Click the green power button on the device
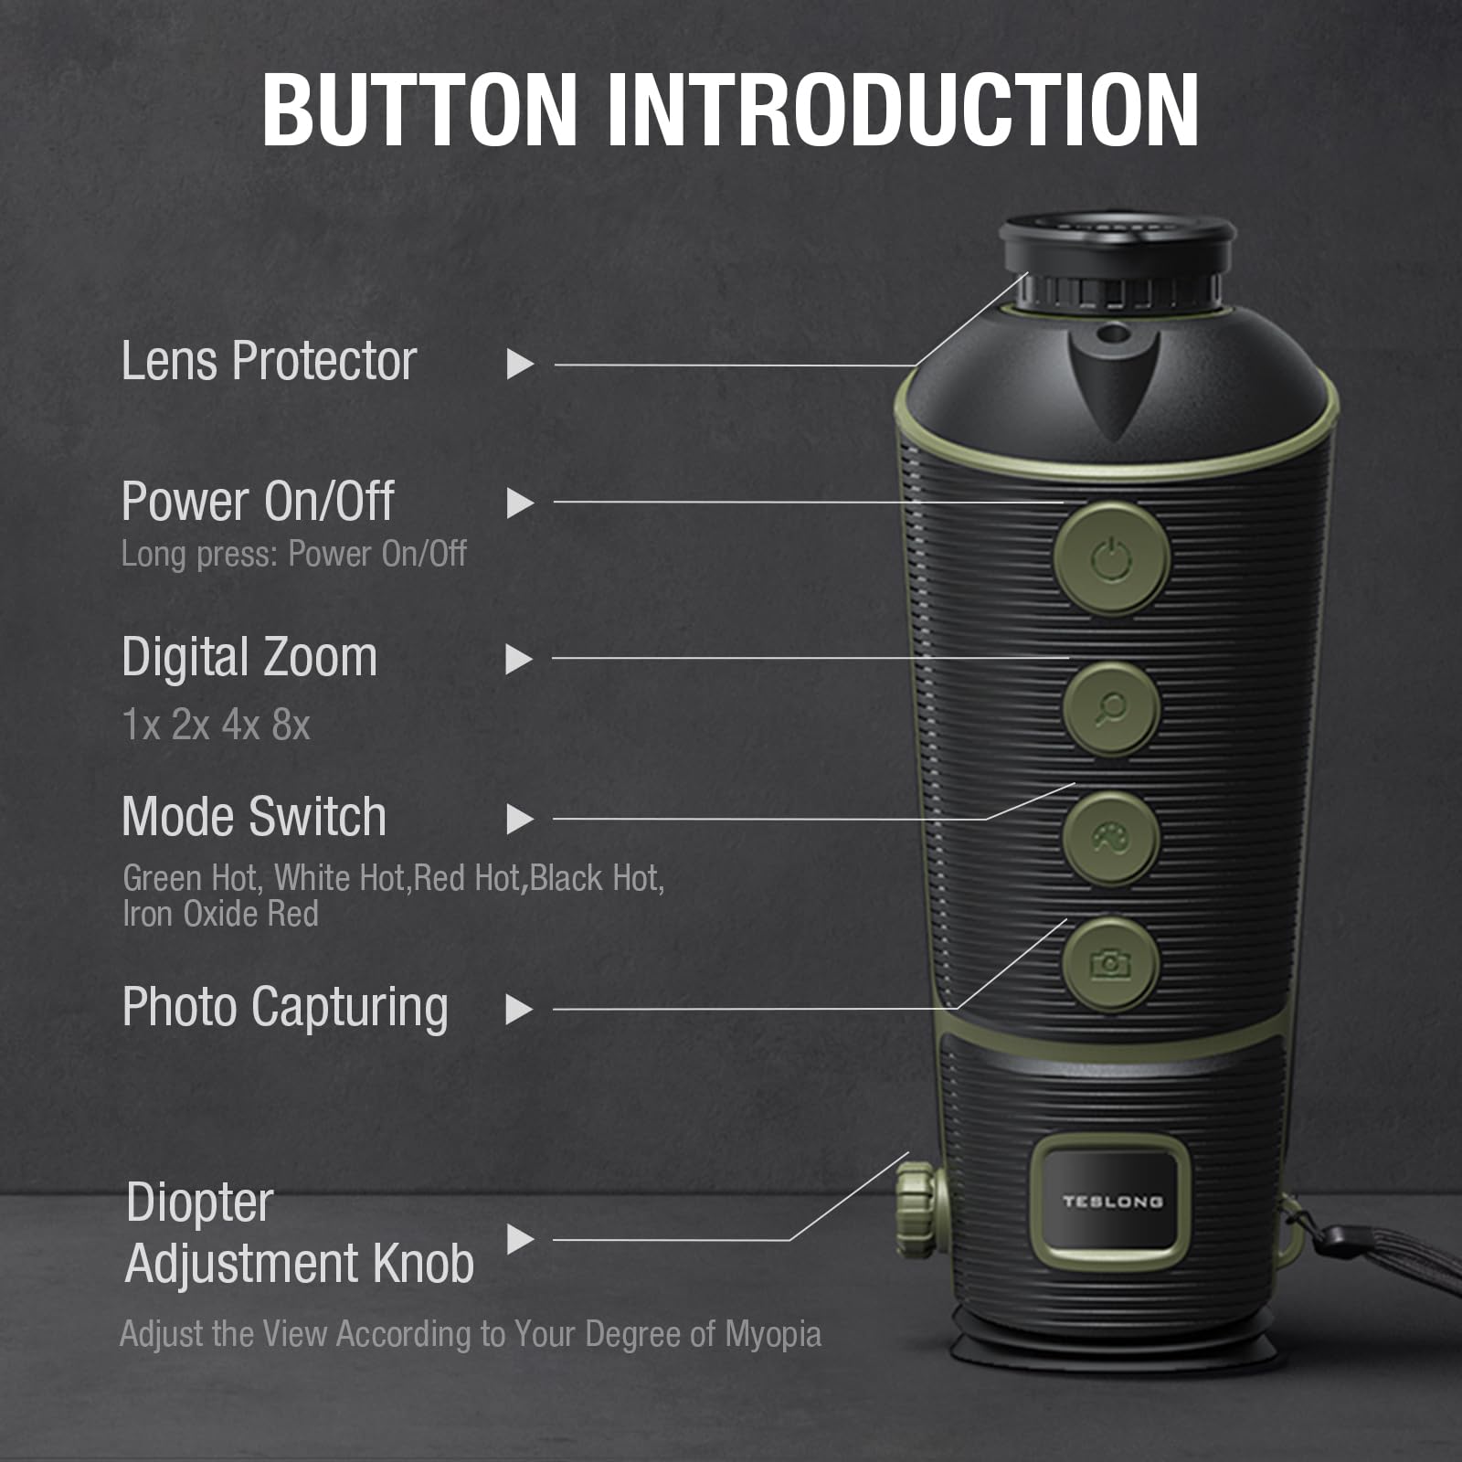(x=1112, y=558)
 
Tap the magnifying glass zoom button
(x=1111, y=708)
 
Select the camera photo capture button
(x=1110, y=963)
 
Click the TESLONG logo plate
(x=1110, y=1202)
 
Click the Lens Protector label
(x=269, y=361)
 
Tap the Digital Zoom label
(x=249, y=658)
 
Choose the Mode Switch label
(x=254, y=816)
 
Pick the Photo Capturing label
(x=285, y=1008)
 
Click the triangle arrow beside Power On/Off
(x=520, y=503)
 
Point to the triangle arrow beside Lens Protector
(x=520, y=364)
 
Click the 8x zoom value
(x=291, y=726)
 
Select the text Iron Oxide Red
(x=220, y=914)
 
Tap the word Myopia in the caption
(x=773, y=1334)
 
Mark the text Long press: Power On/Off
(x=294, y=554)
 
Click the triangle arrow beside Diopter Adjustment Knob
(x=520, y=1239)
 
